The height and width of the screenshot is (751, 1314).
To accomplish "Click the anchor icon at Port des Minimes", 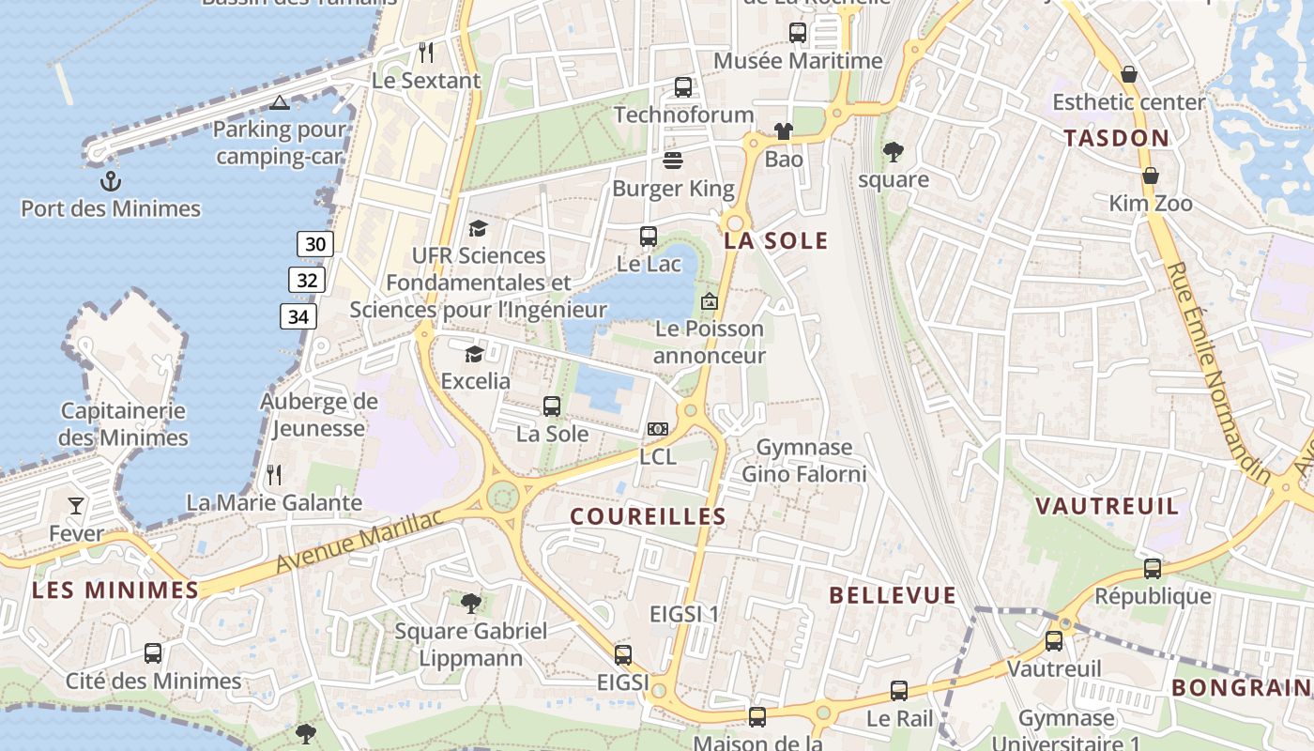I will [x=111, y=179].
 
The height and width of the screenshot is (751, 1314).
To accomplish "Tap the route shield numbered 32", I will [x=307, y=280].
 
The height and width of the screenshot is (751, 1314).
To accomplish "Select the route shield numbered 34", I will [x=298, y=316].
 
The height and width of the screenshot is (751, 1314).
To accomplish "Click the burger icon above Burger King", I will [x=673, y=160].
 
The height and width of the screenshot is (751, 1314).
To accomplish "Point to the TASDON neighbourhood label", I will [x=1116, y=138].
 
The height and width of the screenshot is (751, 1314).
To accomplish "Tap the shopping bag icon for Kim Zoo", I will [x=1150, y=176].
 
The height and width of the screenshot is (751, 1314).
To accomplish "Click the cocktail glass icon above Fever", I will [x=76, y=506].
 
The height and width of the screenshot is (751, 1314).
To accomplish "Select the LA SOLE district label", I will [x=776, y=240].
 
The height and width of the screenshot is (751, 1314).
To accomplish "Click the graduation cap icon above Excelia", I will [x=475, y=354].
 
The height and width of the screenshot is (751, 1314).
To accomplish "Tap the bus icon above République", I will [x=1153, y=568].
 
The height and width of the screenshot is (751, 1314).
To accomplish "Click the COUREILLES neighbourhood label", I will [x=648, y=516].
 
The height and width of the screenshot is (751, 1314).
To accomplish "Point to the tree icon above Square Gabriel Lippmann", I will [x=470, y=603].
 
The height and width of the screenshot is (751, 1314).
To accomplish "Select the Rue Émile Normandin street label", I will [x=1219, y=372].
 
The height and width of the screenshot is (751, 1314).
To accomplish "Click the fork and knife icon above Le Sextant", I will [x=426, y=52].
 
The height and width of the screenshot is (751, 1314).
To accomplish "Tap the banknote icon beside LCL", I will [x=658, y=429].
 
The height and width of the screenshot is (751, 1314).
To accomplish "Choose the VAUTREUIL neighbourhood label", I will [x=1107, y=506].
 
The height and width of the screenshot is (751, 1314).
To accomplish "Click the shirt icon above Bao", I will [x=784, y=131].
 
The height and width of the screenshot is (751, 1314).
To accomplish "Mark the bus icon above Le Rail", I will [x=899, y=691].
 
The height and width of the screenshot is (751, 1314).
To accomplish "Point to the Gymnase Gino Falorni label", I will [x=804, y=460].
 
